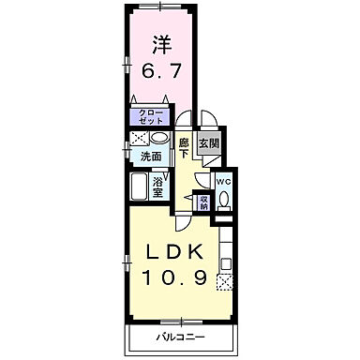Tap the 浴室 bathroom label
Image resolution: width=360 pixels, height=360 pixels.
159,186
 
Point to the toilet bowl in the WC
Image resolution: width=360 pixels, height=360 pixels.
224,199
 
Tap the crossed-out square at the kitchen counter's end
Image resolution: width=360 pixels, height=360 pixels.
224,280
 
